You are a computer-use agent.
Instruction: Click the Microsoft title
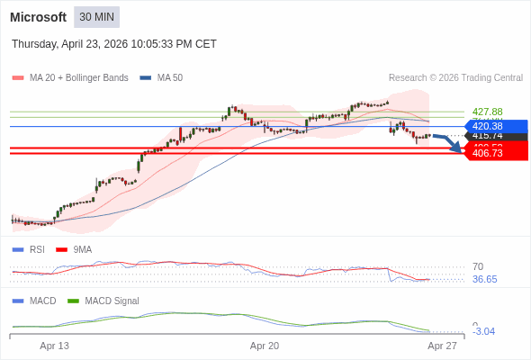[38, 17]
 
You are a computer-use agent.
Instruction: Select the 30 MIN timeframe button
[96, 17]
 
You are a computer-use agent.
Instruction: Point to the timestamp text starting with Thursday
[114, 44]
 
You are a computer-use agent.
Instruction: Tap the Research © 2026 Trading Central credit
[455, 78]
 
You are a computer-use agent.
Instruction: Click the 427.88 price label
[487, 112]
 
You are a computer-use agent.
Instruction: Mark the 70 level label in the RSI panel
[478, 266]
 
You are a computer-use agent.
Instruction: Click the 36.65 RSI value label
[484, 279]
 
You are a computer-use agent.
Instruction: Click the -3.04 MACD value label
[483, 331]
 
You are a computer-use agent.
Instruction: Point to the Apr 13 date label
[55, 346]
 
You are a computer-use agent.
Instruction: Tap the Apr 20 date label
[265, 346]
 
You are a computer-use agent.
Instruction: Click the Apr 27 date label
[442, 346]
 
